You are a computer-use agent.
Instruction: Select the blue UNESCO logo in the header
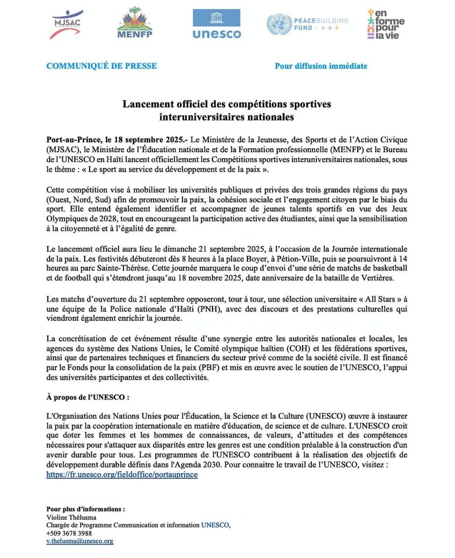pos(216,24)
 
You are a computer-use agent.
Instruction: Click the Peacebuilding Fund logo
pos(307,24)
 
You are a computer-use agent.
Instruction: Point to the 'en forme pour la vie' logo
pos(386,24)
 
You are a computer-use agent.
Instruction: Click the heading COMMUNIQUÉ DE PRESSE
pos(102,66)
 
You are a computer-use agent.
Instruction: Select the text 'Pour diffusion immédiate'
pos(321,66)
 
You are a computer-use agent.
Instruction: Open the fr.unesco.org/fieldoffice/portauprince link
pos(122,475)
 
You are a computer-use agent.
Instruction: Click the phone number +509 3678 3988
pos(69,533)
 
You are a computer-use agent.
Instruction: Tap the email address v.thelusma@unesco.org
pos(80,541)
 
